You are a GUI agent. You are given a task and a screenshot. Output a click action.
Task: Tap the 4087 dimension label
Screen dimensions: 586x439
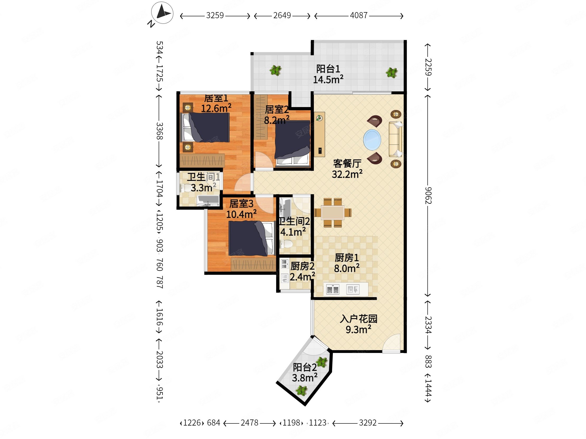(359, 15)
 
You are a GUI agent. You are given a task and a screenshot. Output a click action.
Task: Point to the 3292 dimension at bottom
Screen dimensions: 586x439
(368, 423)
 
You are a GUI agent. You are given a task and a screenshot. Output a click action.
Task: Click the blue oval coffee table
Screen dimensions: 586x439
(372, 140)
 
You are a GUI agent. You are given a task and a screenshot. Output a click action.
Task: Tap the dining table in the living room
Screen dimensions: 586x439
(333, 213)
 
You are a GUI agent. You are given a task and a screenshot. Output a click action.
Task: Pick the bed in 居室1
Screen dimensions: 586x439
(205, 127)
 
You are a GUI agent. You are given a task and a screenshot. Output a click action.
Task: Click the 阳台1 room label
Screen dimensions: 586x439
(328, 69)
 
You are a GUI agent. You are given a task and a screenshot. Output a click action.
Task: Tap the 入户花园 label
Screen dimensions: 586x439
(358, 319)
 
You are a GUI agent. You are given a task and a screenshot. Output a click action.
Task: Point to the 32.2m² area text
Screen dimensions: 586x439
(347, 174)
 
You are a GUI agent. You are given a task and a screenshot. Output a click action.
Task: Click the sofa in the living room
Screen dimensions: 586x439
(395, 139)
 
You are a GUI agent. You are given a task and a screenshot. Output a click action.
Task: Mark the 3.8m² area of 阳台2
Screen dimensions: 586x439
(305, 378)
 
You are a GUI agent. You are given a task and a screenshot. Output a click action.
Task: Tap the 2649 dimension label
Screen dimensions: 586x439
(282, 15)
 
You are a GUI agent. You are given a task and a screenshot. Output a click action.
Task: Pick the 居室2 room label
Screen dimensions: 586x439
(277, 109)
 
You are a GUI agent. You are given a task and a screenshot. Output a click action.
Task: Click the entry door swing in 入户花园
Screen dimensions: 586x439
(391, 343)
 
